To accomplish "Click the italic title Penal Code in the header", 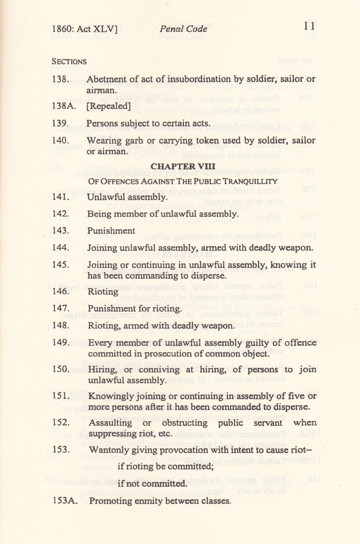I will pos(183,29).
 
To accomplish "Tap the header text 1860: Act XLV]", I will pos(85,29).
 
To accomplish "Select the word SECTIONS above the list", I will pos(69,62).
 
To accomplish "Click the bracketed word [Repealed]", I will pos(108,106).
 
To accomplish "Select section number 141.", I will pos(61,197).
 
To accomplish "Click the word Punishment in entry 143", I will pos(111,231).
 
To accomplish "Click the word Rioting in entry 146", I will pos(103,292).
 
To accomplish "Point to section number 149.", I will pos(61,342).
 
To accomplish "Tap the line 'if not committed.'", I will pos(152,483).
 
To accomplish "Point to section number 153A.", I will pos(64,501).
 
